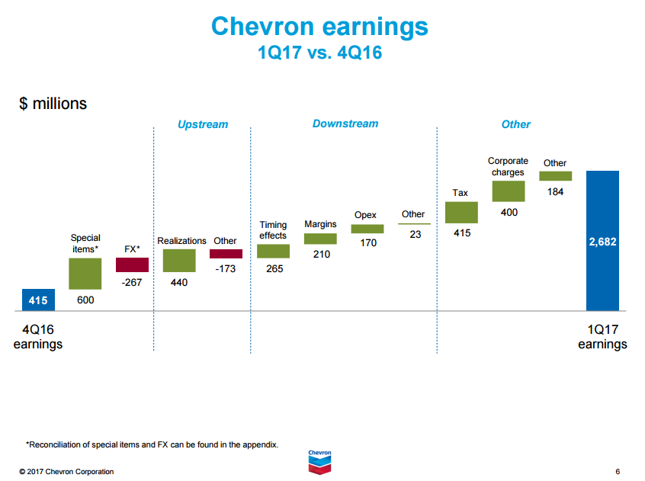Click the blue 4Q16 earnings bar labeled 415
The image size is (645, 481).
(38, 300)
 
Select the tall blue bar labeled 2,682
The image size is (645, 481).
(602, 240)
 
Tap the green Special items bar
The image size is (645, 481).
(85, 274)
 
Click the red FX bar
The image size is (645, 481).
(132, 265)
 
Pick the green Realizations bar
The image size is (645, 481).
(179, 261)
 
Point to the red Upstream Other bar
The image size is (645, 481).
(226, 254)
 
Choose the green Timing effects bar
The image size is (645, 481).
(273, 251)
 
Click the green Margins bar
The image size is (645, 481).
(320, 239)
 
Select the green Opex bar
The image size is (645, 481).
(367, 229)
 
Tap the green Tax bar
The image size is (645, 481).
(461, 212)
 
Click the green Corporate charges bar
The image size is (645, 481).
(509, 191)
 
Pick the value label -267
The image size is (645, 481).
(132, 283)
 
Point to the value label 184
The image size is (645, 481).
(555, 192)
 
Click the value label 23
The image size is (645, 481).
(415, 235)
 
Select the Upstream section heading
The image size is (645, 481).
(203, 124)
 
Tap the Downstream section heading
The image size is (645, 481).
(345, 123)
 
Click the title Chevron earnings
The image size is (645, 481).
(319, 27)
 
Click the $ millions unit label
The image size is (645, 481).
(53, 104)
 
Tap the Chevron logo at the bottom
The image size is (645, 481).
(320, 460)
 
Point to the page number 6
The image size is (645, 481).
(617, 472)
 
